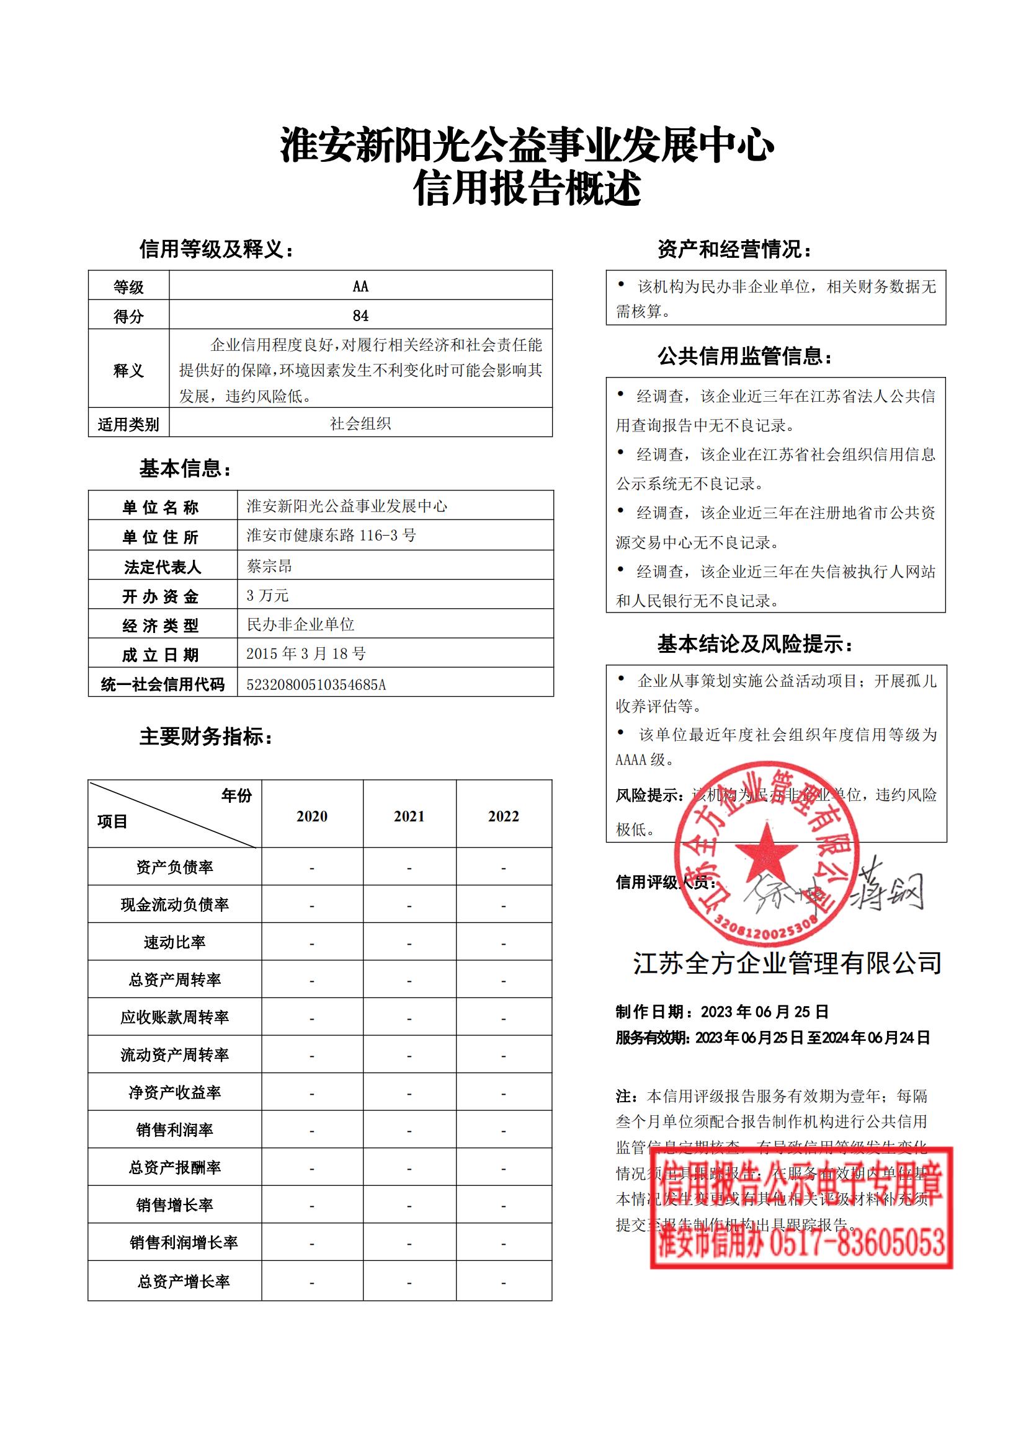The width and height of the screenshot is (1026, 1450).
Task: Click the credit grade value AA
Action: tap(360, 287)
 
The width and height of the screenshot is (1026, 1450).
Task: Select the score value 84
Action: tap(360, 316)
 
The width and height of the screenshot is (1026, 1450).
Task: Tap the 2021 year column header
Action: tap(409, 816)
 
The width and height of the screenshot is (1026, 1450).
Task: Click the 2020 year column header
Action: tap(312, 816)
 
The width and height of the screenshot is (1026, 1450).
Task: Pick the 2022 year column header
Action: tap(504, 816)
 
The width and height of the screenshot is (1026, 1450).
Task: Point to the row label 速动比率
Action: tap(174, 942)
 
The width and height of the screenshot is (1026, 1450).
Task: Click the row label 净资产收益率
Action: tap(174, 1092)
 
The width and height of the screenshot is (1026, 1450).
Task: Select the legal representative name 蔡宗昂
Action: tap(270, 566)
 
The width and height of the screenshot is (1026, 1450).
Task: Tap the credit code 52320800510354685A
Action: tap(316, 684)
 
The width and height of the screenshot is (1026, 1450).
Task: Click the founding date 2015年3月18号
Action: tap(306, 653)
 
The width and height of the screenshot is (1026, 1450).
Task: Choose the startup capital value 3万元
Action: tap(267, 595)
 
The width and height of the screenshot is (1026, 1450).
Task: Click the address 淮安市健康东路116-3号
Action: tap(331, 536)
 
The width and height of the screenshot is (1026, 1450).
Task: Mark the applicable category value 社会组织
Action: tap(360, 424)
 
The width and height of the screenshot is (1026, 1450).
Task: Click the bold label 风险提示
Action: tap(648, 796)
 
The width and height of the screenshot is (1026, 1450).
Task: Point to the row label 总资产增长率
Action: tap(183, 1281)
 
